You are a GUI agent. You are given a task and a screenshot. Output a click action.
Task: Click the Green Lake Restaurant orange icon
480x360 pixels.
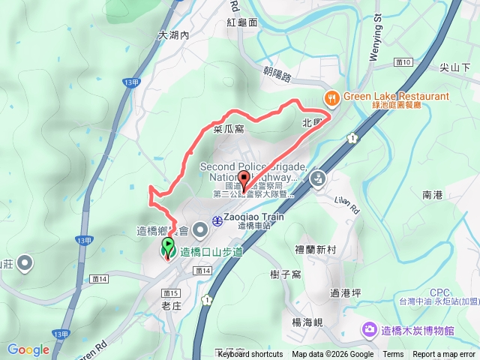coord(331,97)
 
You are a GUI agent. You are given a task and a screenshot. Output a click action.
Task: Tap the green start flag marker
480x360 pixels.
coord(167,245)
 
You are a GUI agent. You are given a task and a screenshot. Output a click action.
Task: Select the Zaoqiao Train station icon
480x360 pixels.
coord(216,220)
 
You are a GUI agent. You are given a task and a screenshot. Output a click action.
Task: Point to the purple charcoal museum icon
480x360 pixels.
coord(369,329)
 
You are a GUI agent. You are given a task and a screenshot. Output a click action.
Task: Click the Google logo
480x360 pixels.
coord(28,349)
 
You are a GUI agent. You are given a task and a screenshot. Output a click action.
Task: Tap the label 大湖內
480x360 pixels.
coord(173,35)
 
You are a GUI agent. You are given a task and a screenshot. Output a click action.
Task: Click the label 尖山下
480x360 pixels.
coord(454,67)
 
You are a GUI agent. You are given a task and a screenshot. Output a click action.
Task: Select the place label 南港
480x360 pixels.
coord(433,195)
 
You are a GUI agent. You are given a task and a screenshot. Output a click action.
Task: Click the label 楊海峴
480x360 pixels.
coord(307,322)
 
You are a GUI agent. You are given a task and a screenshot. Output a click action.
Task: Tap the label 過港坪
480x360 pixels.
coord(346,292)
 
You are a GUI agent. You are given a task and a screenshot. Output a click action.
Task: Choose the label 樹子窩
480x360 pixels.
coord(286,274)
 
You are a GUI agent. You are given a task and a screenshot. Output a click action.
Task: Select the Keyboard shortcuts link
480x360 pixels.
coord(250,355)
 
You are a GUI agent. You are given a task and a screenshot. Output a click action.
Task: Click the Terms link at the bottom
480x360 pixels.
coord(393,355)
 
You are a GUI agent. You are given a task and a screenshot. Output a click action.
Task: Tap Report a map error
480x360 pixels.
coord(444,355)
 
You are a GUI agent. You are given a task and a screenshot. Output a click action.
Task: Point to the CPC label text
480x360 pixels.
coord(440,292)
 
